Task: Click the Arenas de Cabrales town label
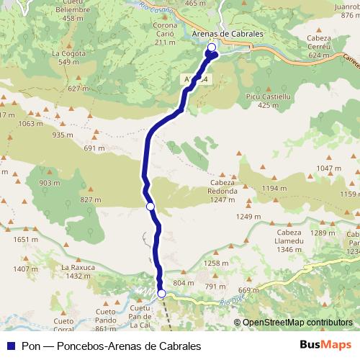(228, 33)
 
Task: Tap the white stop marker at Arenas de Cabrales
(212, 48)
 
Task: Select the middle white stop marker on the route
(150, 207)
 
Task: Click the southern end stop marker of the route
(162, 293)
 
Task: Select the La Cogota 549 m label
(69, 58)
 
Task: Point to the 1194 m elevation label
(274, 188)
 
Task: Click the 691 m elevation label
(94, 148)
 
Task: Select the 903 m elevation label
(50, 183)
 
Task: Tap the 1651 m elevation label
(25, 240)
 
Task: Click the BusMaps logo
(325, 345)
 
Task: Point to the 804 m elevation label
(184, 283)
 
